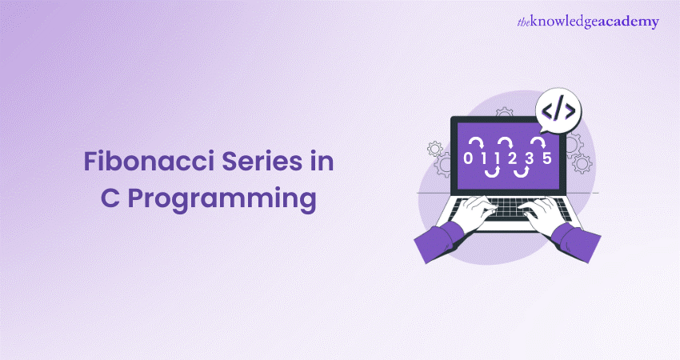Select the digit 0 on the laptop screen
(468, 158)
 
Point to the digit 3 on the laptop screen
(529, 158)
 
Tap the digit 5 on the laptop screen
(546, 158)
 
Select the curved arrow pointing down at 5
(539, 142)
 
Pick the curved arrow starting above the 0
(474, 142)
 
